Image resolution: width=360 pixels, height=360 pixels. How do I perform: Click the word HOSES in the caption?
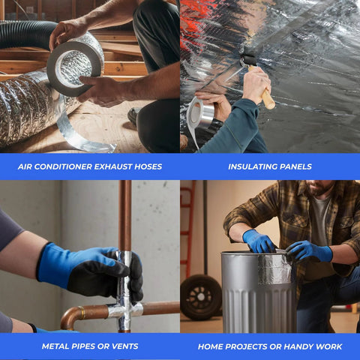point(148,166)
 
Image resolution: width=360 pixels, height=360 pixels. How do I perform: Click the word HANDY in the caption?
point(298,346)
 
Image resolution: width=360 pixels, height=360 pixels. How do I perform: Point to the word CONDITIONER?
point(63,166)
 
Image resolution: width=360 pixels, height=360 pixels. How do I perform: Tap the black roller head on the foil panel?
point(248,60)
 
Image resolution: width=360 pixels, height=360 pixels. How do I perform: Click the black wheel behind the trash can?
point(201,298)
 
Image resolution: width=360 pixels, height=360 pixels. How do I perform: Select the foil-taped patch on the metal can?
point(274,269)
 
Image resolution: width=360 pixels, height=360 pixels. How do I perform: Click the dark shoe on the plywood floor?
point(134,115)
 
